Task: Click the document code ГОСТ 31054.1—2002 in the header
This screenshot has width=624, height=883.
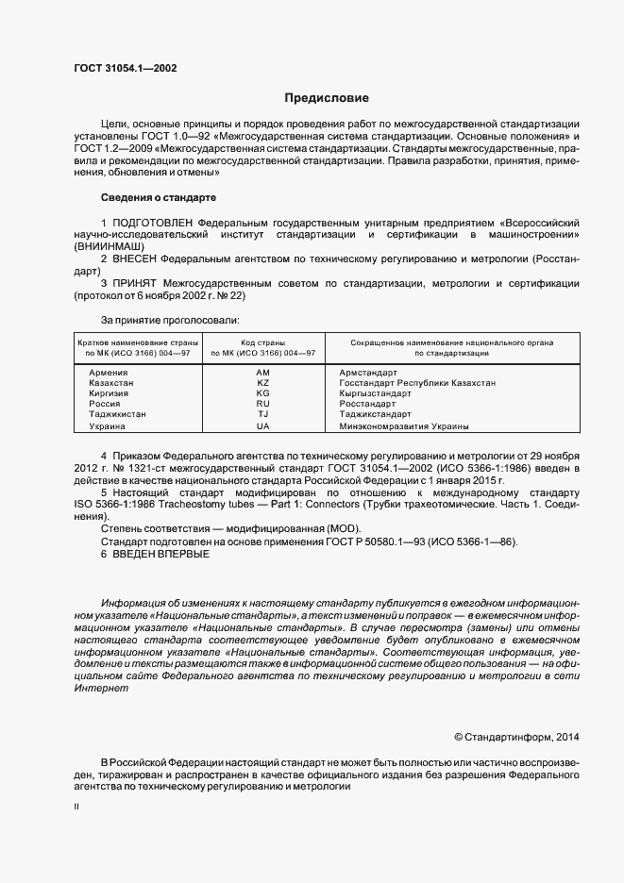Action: coord(125,68)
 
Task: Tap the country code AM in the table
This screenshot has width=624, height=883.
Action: coord(263,373)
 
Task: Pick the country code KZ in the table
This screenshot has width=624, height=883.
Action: coord(263,383)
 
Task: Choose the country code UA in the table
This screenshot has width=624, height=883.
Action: coord(263,425)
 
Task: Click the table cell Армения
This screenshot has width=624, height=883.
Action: coord(108,373)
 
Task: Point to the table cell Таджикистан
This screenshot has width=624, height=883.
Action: coord(117,414)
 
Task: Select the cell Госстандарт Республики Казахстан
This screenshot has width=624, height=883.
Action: coord(416,383)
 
